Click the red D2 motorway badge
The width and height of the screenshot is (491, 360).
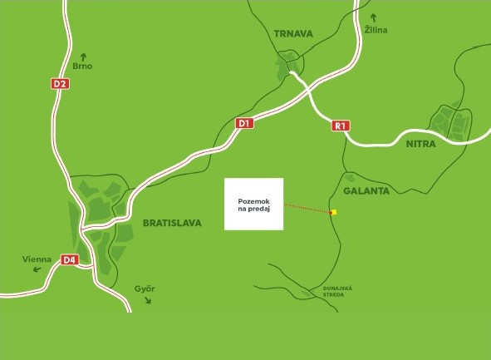(x=60, y=83)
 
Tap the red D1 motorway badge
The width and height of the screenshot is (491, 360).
(x=243, y=124)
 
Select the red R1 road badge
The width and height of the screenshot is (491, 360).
(x=340, y=126)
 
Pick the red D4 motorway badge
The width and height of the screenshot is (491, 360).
(x=69, y=260)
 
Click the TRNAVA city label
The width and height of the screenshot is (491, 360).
(x=292, y=34)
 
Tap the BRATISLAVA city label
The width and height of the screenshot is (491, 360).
(x=172, y=223)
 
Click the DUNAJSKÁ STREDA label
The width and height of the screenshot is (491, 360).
(x=338, y=291)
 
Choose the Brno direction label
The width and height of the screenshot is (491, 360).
(x=82, y=65)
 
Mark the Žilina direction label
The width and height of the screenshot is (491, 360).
(x=376, y=30)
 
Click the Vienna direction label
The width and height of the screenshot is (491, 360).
(x=37, y=260)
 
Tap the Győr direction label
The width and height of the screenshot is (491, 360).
(x=145, y=288)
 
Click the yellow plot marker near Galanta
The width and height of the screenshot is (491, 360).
(x=333, y=213)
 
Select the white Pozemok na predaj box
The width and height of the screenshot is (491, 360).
(x=254, y=204)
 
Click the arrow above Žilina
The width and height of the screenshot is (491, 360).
(x=375, y=16)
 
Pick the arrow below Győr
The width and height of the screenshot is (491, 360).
(x=150, y=300)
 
